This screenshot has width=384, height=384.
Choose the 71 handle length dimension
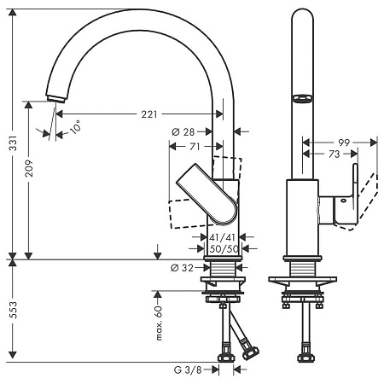195,148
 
